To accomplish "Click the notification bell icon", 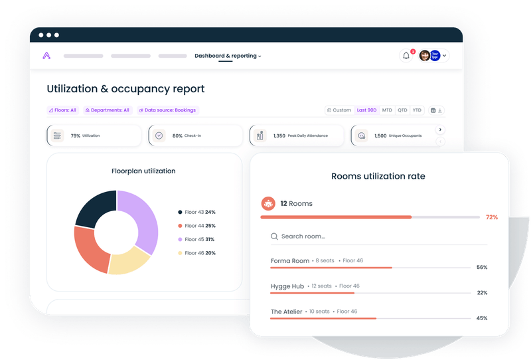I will [x=406, y=56].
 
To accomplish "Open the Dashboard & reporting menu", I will [x=227, y=56].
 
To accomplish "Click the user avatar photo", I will [x=424, y=56].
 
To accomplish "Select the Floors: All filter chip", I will [x=62, y=110].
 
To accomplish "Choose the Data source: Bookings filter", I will [x=167, y=110].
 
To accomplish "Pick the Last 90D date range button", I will [x=366, y=110].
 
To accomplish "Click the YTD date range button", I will [x=417, y=110].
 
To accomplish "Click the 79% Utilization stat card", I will [x=94, y=135].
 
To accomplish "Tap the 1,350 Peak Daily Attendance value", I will [x=279, y=135].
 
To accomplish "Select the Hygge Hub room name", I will [x=287, y=286].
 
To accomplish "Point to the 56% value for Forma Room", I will [x=482, y=268].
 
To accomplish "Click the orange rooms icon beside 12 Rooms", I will [x=268, y=203].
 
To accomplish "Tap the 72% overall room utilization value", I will [x=491, y=217].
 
